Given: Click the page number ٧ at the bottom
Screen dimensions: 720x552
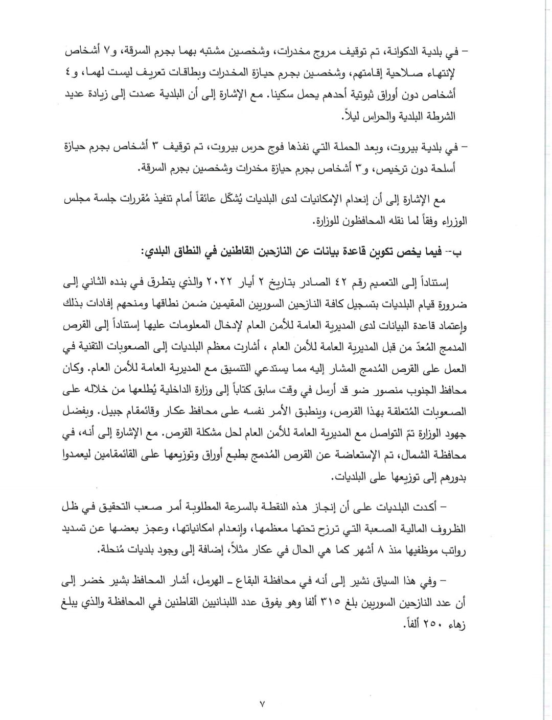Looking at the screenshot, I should [x=262, y=704].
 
